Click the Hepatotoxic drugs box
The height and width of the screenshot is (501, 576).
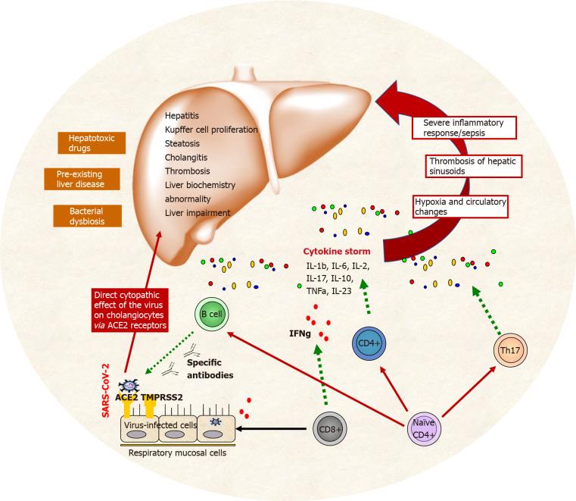tap(89, 144)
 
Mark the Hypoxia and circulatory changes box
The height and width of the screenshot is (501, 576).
tap(459, 205)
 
